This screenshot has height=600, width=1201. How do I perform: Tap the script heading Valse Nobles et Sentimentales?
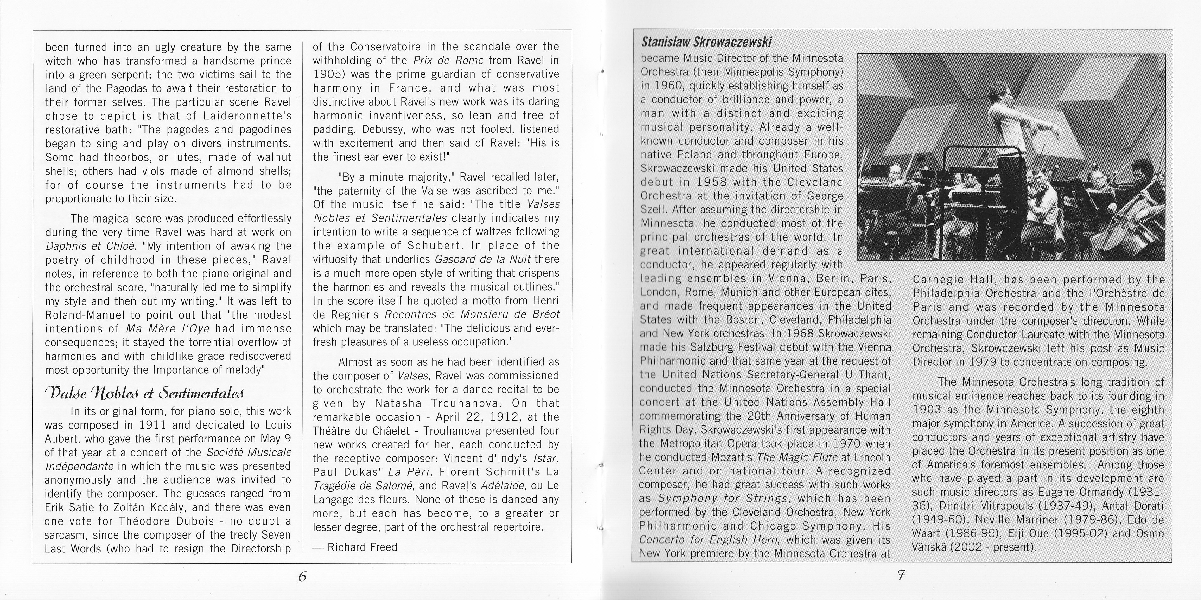point(144,393)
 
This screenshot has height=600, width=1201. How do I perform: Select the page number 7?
point(901,575)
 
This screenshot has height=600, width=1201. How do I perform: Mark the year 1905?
point(328,74)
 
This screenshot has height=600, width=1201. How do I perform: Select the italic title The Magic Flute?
point(798,458)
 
